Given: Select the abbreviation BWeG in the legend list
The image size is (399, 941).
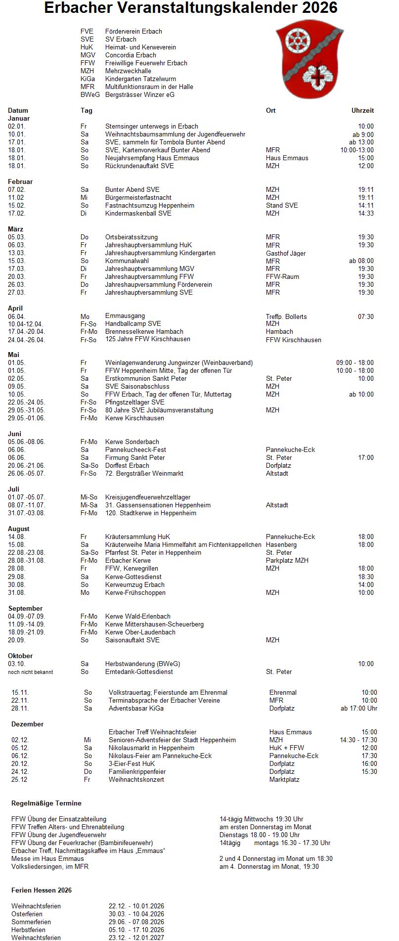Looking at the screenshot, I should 89,94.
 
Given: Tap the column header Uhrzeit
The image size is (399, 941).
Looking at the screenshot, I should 362,110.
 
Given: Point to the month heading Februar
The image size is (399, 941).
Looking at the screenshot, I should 20,181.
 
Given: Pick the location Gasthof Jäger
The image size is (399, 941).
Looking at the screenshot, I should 286,253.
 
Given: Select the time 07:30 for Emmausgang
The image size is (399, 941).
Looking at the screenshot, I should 366,316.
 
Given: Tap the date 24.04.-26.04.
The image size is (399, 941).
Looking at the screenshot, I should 26,340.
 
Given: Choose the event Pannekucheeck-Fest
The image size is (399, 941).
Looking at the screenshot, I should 135,449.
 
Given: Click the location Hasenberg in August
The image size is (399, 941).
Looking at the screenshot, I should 281,544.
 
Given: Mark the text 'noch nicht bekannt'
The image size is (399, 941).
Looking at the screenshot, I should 30,672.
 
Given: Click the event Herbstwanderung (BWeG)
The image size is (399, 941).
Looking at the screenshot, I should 142,664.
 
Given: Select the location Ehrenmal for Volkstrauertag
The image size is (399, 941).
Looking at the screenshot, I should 283,692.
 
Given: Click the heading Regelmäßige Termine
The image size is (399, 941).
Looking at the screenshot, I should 46,803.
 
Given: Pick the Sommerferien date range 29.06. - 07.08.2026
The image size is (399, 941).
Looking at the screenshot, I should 136,922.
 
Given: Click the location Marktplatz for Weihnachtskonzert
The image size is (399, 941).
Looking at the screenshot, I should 284,779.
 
